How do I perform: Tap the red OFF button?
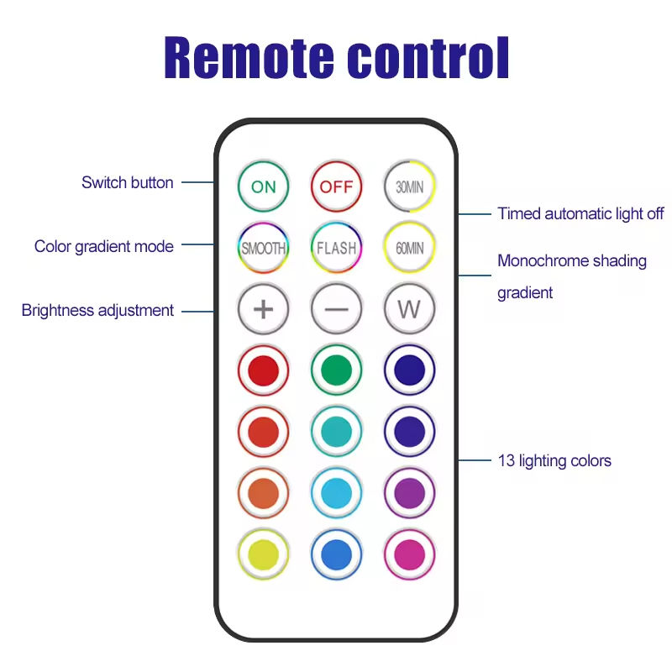[336, 186]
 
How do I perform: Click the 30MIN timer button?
[409, 186]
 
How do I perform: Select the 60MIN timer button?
[409, 248]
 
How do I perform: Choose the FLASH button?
[336, 248]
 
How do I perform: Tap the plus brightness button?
[263, 309]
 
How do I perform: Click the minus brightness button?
[336, 309]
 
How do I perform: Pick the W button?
[409, 309]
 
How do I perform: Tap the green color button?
[336, 370]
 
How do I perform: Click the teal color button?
[336, 432]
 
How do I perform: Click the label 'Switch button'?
[128, 182]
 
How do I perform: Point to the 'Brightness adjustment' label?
[97, 310]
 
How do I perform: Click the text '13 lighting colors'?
[554, 460]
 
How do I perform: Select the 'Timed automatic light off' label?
[580, 213]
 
